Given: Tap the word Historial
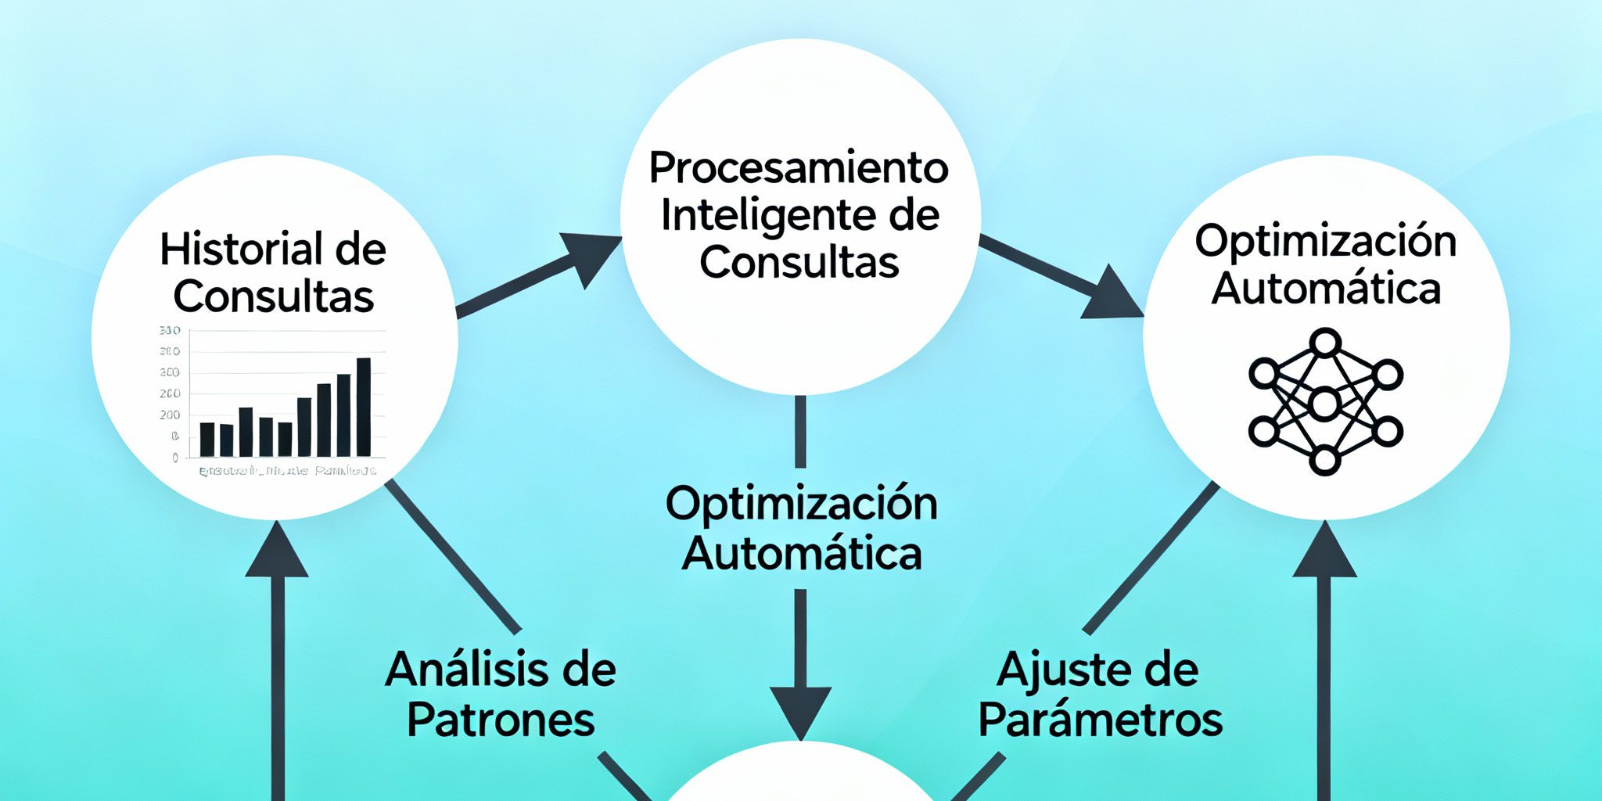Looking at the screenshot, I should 241,250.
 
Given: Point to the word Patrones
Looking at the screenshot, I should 501,720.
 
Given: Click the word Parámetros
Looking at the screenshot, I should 1101,720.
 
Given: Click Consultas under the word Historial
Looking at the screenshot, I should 274,296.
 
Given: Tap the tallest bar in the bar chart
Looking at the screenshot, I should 364,407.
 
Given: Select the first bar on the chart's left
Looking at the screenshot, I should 207,439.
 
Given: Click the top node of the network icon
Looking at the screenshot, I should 1325,343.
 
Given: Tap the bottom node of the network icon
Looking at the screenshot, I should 1324,460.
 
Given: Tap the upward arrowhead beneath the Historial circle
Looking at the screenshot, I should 277,552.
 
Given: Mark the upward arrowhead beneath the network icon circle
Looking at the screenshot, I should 1324,552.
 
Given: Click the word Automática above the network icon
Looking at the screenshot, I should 1326,289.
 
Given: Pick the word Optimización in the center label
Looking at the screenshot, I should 801,505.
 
